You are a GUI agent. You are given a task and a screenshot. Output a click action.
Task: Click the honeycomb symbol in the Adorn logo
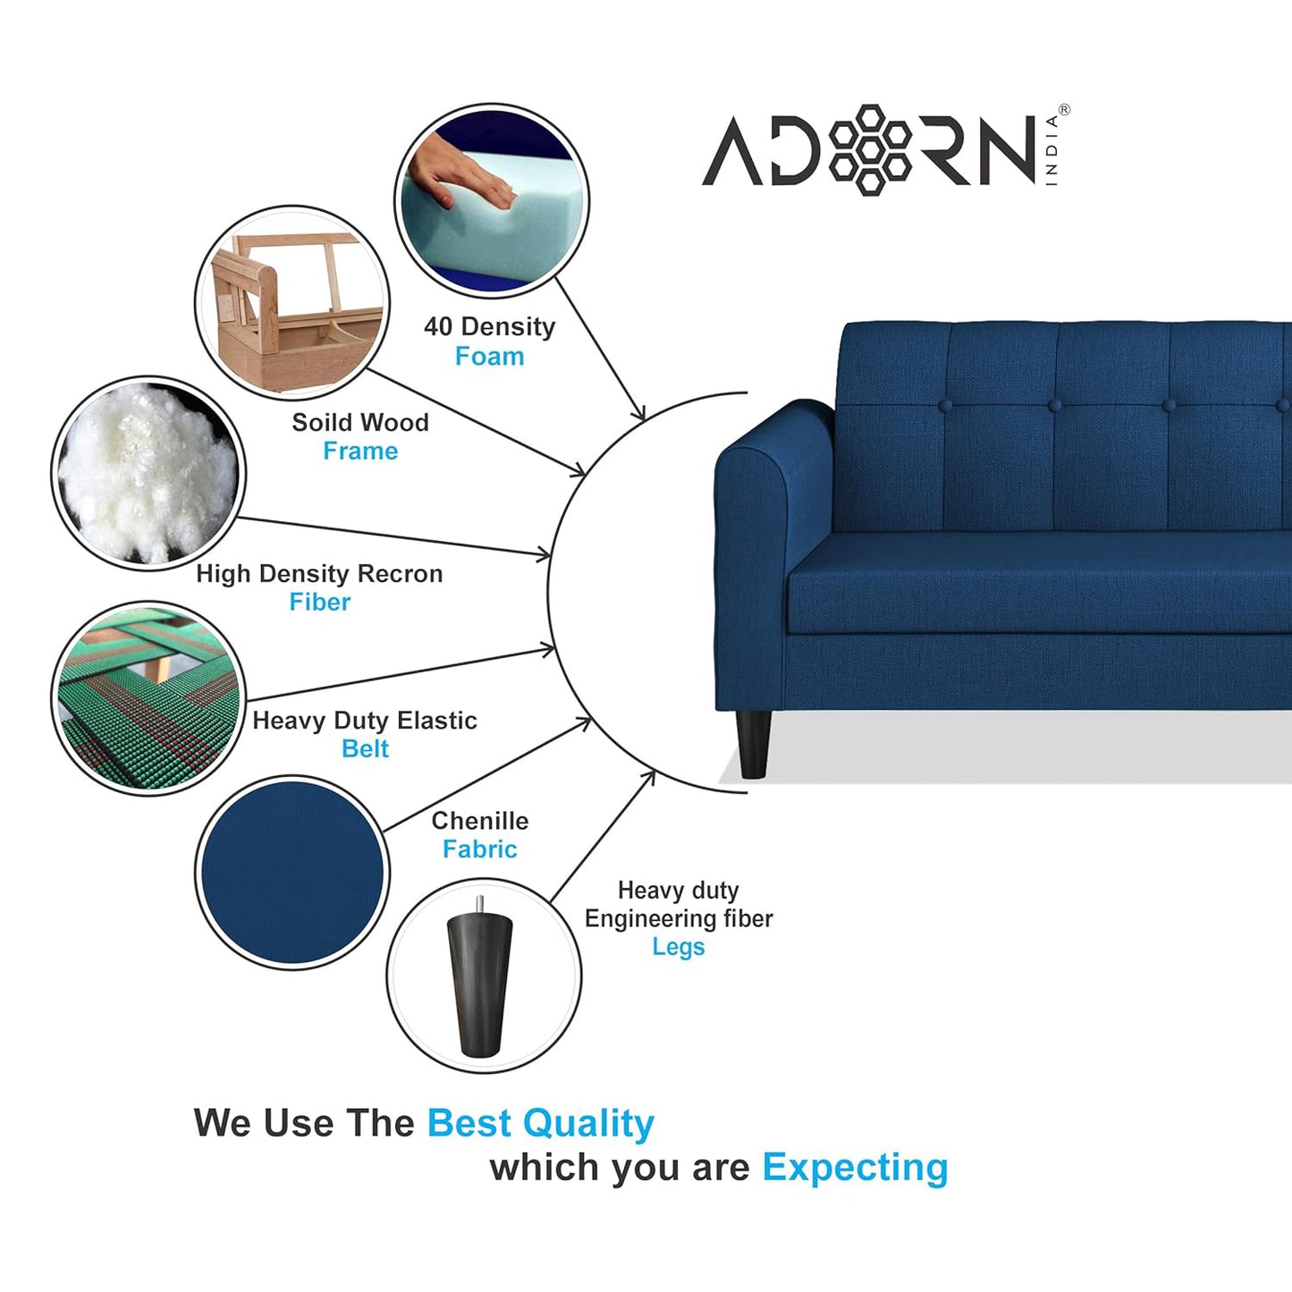coord(871,149)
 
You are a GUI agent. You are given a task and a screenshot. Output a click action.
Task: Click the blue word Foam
coord(489,357)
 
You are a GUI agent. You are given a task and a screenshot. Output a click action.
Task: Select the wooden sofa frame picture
coord(292,302)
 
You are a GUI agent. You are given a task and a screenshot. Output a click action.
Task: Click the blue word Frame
coord(360,452)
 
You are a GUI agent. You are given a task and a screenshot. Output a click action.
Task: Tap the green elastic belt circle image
coord(148,698)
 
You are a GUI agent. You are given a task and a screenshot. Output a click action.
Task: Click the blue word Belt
coord(365,749)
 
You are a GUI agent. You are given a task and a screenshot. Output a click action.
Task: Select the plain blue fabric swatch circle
coord(292,872)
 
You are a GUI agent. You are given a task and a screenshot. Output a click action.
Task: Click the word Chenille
coord(480,821)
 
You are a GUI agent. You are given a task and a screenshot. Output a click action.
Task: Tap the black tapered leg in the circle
coord(481,984)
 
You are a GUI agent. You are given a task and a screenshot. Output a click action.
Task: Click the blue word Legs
coord(678,947)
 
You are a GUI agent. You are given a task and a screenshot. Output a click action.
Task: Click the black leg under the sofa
coord(754,743)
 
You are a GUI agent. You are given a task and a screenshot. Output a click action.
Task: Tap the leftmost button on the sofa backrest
coord(946,406)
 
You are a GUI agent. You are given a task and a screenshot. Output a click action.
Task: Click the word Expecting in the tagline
coord(855,1168)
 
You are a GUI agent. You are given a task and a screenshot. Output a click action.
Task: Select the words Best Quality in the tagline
coord(540,1124)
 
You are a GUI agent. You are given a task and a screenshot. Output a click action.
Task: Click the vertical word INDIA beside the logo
coord(1051,150)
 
